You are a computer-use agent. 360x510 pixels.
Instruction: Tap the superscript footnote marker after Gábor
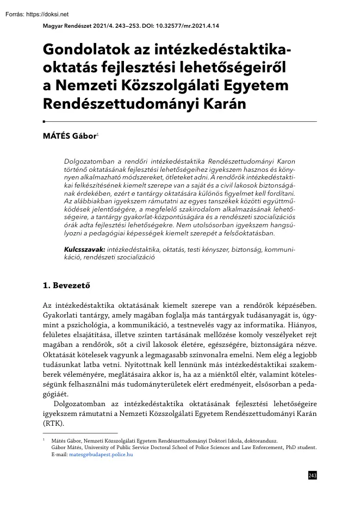point(97,134)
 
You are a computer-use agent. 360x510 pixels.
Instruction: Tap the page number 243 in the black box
point(312,476)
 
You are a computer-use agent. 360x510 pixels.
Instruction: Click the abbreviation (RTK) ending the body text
point(53,424)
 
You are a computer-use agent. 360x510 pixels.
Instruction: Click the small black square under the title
point(44,122)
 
